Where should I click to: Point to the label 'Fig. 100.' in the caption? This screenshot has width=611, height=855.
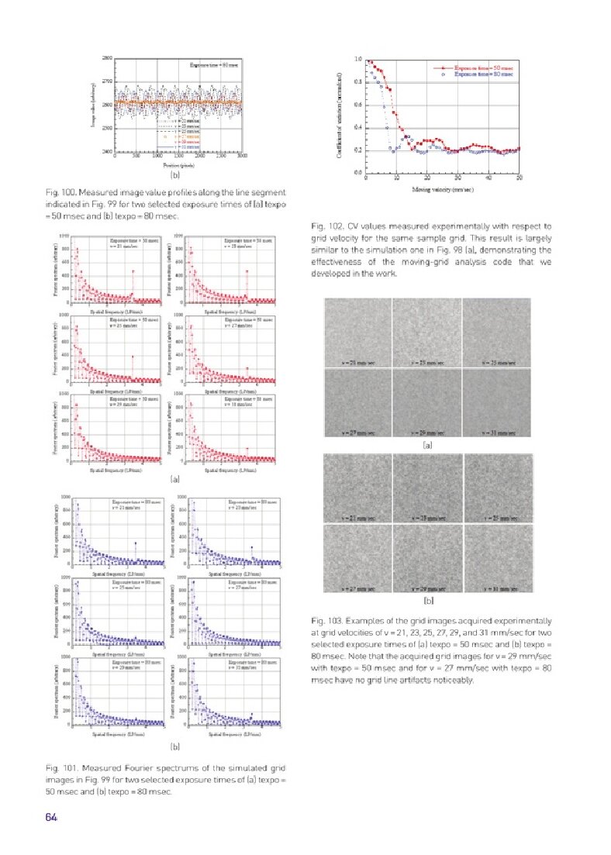[x=60, y=191]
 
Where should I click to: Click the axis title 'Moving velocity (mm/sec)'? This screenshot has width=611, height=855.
[x=443, y=189]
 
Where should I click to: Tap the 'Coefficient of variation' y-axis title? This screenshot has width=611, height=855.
[x=339, y=116]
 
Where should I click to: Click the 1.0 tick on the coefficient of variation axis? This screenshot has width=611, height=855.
[x=357, y=59]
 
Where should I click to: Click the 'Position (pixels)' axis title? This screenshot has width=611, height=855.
[x=178, y=164]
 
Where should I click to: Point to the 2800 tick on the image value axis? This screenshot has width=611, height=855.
[x=107, y=58]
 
